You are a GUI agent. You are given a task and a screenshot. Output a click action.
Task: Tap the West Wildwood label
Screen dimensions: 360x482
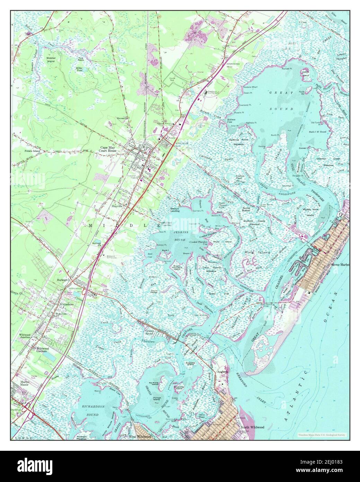tap(140, 437)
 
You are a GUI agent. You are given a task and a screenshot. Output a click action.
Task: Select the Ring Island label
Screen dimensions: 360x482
tap(257, 252)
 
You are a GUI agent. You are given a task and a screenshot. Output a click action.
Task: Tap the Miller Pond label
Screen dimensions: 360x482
tap(81, 69)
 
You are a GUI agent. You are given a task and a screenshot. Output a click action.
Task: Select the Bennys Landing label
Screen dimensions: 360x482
tap(176, 210)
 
